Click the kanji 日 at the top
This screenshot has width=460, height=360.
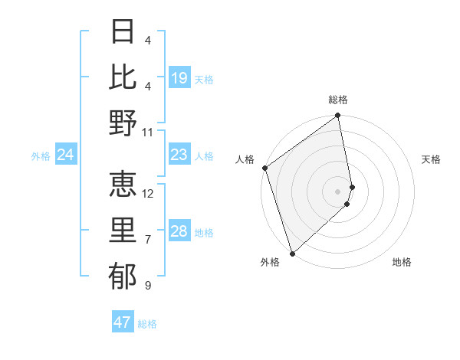[123, 31]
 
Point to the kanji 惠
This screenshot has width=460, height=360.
[123, 182]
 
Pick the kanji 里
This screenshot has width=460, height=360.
[123, 228]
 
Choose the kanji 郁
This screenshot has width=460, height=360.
[123, 274]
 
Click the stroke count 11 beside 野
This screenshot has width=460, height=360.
[148, 132]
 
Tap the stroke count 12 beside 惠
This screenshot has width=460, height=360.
[148, 193]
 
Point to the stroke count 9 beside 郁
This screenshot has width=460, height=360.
[147, 286]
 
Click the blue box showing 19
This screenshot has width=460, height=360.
[179, 78]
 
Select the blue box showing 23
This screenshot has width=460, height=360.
[179, 155]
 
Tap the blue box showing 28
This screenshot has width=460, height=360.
[179, 231]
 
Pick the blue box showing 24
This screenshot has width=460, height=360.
[66, 155]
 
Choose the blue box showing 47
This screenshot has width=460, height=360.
[123, 322]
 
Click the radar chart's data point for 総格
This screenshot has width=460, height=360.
[338, 116]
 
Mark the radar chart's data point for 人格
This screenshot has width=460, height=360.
[264, 168]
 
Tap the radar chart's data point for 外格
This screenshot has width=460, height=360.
[292, 253]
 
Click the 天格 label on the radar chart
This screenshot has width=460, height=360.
[432, 159]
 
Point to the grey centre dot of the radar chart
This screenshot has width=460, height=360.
[338, 191]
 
